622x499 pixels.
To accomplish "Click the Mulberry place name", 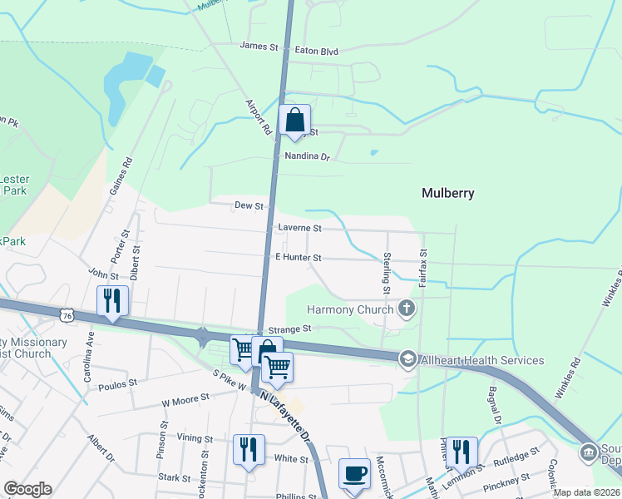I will (x=447, y=193).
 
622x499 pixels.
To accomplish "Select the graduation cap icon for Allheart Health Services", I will (x=407, y=359).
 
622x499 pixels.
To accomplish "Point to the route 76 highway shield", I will (x=68, y=314).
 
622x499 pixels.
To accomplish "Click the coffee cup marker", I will (x=355, y=473).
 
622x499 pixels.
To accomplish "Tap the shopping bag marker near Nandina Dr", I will (x=295, y=121).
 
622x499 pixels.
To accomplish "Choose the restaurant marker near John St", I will (x=112, y=301).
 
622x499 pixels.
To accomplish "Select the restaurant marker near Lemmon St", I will (x=462, y=452).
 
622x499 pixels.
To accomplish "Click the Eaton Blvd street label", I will (x=317, y=51).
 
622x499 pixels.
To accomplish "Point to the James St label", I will (x=259, y=47).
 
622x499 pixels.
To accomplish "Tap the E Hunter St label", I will (x=298, y=259).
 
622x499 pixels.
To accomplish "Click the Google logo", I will (x=27, y=488).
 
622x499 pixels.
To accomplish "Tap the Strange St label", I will (x=289, y=329).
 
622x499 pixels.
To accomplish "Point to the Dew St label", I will (x=249, y=205).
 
